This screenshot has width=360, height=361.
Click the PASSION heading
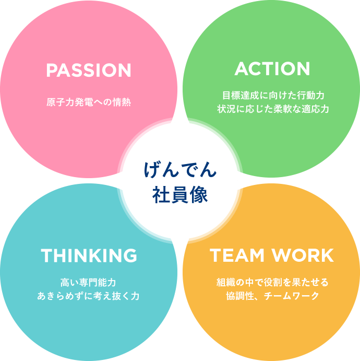pos(88,70)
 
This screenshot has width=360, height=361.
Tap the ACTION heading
pos(272,69)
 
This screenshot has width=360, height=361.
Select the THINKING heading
pos(89,255)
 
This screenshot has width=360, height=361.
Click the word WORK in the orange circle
pos(303,255)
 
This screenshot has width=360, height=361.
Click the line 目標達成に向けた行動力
pos(273,96)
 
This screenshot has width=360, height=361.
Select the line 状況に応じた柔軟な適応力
pos(273,110)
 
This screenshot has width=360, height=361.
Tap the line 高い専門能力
pos(88,283)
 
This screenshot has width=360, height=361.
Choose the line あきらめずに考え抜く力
pos(88,296)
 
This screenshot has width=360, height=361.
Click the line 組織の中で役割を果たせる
pos(272,283)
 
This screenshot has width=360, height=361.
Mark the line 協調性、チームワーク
pos(272,296)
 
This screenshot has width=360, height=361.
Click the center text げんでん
pos(180,170)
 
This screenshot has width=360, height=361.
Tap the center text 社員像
pos(180,194)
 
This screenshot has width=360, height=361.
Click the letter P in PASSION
pos(51,70)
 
